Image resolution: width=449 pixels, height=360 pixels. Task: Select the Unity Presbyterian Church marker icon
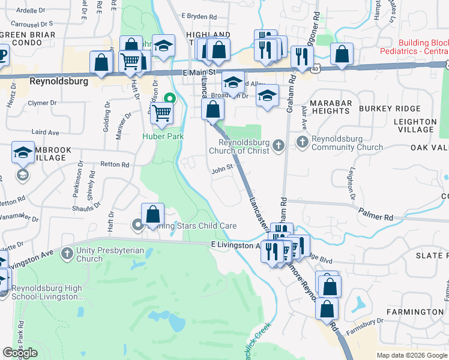(x=66, y=253)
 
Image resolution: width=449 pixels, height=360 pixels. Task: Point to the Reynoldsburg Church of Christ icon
(x=278, y=145)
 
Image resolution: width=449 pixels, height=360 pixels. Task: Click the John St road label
(x=221, y=168)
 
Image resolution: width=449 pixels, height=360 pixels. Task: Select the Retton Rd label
(x=115, y=164)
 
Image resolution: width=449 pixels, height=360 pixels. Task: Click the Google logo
(x=20, y=353)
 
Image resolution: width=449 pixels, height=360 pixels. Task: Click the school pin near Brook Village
(x=23, y=152)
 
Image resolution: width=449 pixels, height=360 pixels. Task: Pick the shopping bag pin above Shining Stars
(x=153, y=214)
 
